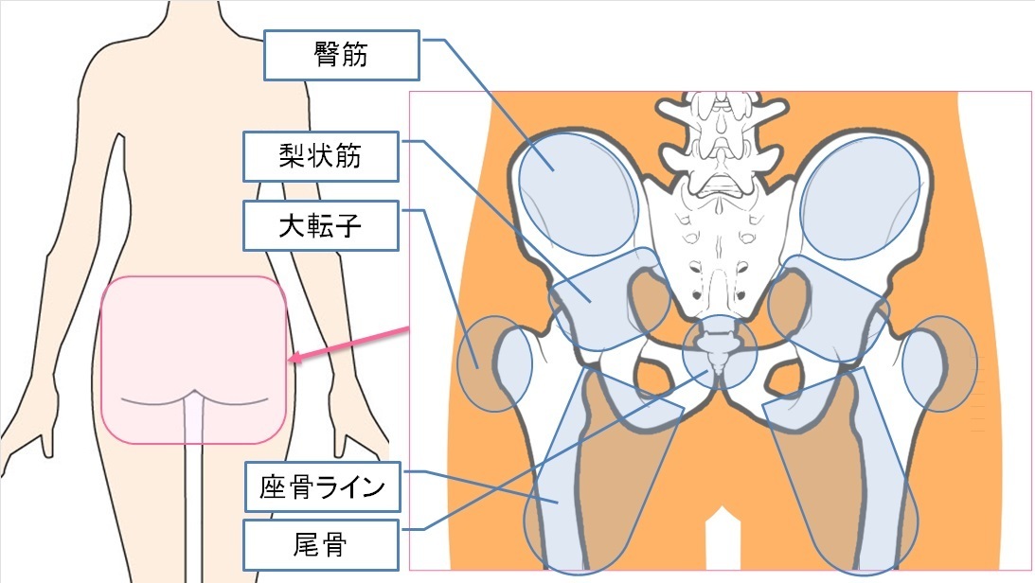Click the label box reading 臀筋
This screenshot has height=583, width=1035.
[342, 56]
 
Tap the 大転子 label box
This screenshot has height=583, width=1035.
[321, 225]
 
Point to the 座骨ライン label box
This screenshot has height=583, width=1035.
[322, 487]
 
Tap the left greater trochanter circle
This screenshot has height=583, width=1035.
[492, 364]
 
